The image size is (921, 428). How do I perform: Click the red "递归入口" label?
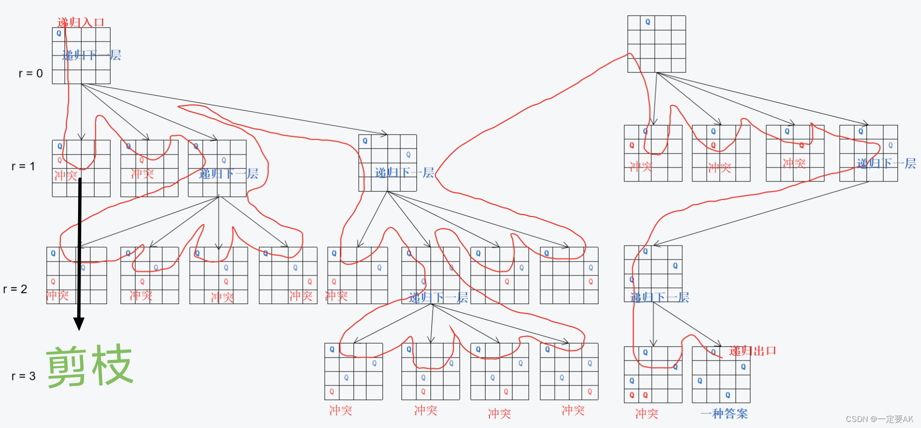81,22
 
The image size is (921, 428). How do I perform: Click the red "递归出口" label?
752,350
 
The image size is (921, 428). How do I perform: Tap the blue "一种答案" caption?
724,413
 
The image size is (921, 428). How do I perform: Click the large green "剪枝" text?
90,366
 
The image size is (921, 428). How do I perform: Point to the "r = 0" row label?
31,73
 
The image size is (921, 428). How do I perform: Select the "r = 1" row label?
23,166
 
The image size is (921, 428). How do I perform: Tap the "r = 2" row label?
15,289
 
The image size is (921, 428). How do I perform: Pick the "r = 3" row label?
23,376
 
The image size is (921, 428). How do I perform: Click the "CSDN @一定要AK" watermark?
879,419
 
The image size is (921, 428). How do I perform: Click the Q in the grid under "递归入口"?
59,33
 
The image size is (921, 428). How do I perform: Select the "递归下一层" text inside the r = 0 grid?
91,55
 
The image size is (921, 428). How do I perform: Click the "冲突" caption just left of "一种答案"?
647,413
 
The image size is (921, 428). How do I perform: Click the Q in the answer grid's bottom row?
728,395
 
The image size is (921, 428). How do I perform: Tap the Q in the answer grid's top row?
713,352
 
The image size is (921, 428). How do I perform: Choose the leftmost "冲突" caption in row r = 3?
340,410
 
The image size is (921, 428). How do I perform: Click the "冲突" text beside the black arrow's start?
66,175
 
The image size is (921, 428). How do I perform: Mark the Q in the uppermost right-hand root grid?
648,22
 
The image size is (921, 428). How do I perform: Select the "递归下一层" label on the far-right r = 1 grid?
886,163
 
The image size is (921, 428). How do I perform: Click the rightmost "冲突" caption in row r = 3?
573,410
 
